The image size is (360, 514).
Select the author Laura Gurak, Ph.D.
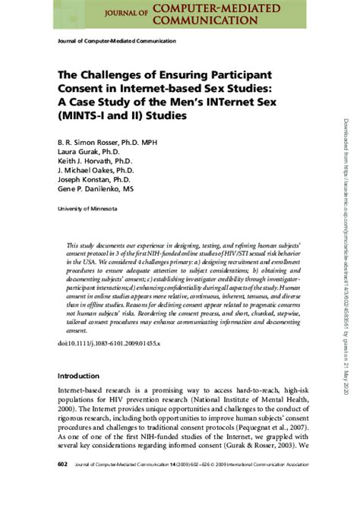tap(84, 152)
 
